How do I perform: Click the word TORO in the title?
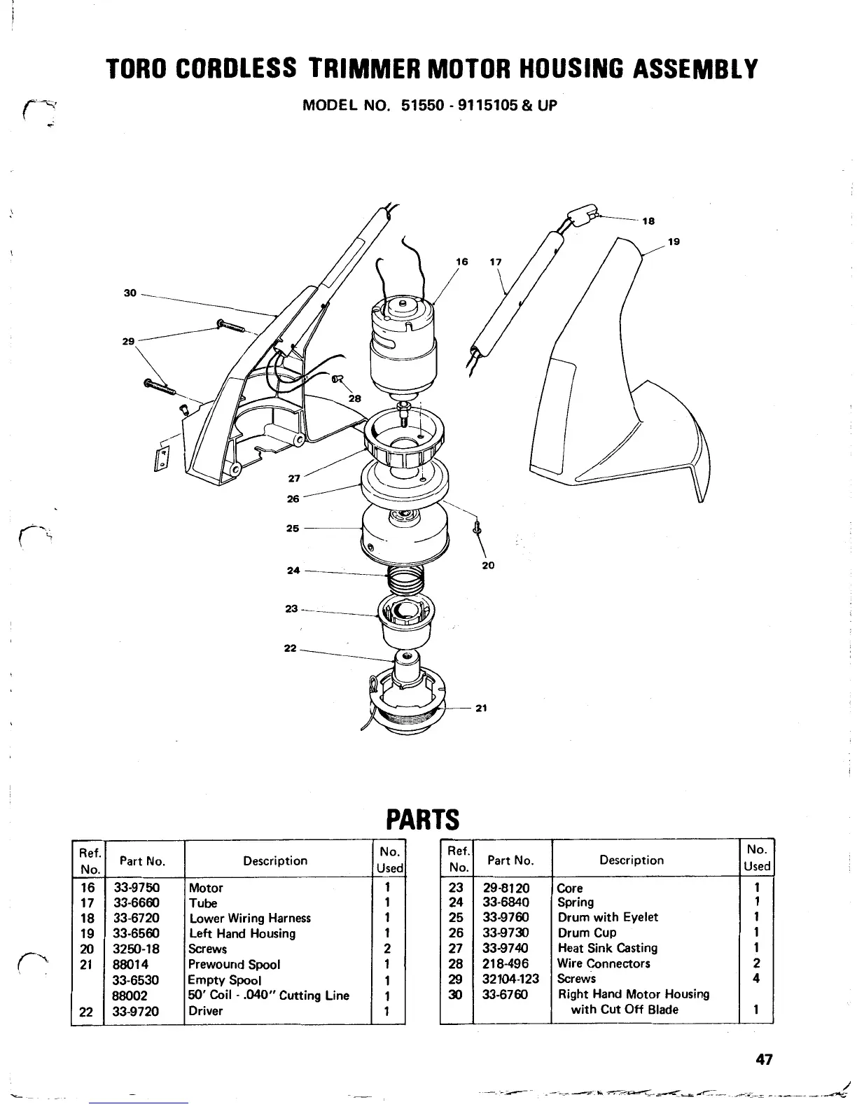click(x=137, y=69)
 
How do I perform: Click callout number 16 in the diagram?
click(x=461, y=262)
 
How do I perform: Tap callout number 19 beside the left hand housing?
click(x=674, y=242)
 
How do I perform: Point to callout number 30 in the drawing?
click(x=130, y=293)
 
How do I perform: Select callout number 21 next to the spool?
click(x=481, y=708)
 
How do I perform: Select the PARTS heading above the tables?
click(x=423, y=818)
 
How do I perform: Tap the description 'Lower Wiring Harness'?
click(x=250, y=918)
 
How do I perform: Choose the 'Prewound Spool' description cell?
click(x=235, y=964)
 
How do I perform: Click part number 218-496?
click(x=506, y=963)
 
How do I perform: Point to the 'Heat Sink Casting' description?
click(x=607, y=948)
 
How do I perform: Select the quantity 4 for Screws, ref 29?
click(x=756, y=979)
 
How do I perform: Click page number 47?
click(x=764, y=1059)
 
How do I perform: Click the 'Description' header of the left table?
click(x=275, y=860)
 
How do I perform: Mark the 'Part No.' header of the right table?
click(x=510, y=860)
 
